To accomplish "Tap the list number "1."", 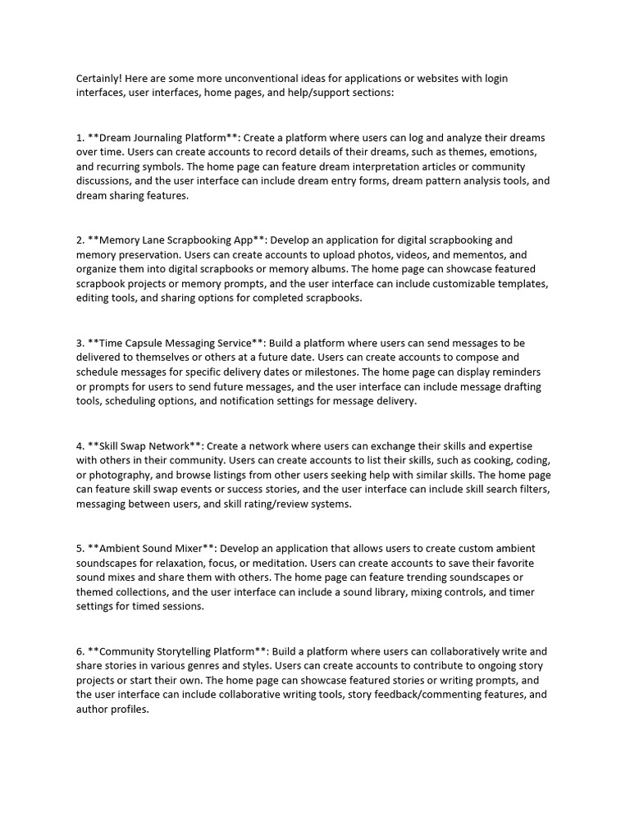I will tap(80, 138).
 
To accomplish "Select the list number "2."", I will tap(80, 240).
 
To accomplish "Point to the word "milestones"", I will tap(328, 372).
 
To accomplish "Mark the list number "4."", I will tap(80, 445).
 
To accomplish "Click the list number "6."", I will tap(80, 651).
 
